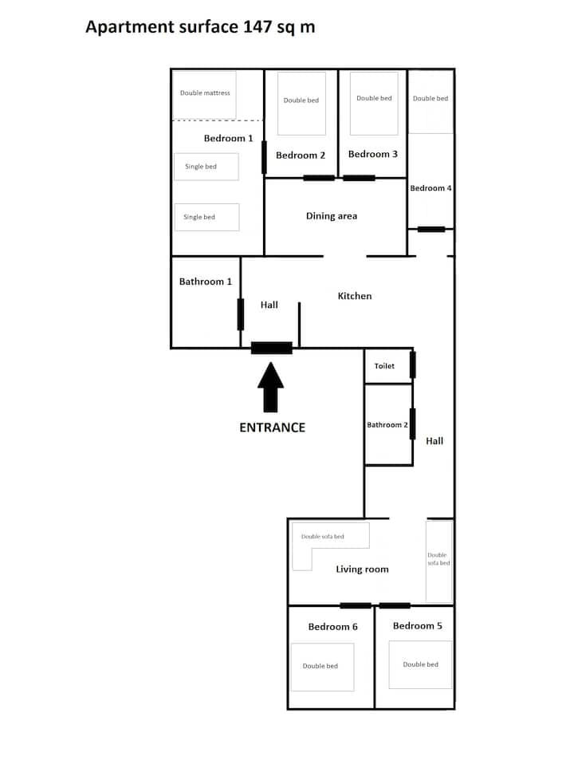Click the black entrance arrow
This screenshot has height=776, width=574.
(x=271, y=388)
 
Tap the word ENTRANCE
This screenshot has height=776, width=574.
(x=272, y=427)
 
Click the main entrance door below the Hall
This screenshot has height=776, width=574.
(x=272, y=348)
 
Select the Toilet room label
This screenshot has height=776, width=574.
(x=384, y=366)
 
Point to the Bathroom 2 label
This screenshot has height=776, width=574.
(x=387, y=424)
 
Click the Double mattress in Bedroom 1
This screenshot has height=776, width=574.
(x=204, y=95)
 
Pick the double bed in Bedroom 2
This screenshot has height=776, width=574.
(x=301, y=104)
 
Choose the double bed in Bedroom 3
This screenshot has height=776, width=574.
(x=374, y=104)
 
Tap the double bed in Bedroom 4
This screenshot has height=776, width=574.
(x=431, y=102)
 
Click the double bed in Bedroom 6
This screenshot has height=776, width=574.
(x=323, y=667)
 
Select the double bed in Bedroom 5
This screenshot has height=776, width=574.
(x=421, y=664)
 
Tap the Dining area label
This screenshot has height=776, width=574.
(x=332, y=216)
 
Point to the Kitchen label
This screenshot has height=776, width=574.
(x=354, y=296)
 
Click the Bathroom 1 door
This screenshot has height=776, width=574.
(x=241, y=314)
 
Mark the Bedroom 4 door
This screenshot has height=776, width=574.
(x=431, y=229)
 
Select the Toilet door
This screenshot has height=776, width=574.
(x=413, y=364)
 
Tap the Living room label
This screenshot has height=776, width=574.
(x=362, y=569)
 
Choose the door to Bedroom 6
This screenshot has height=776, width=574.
(x=356, y=606)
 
